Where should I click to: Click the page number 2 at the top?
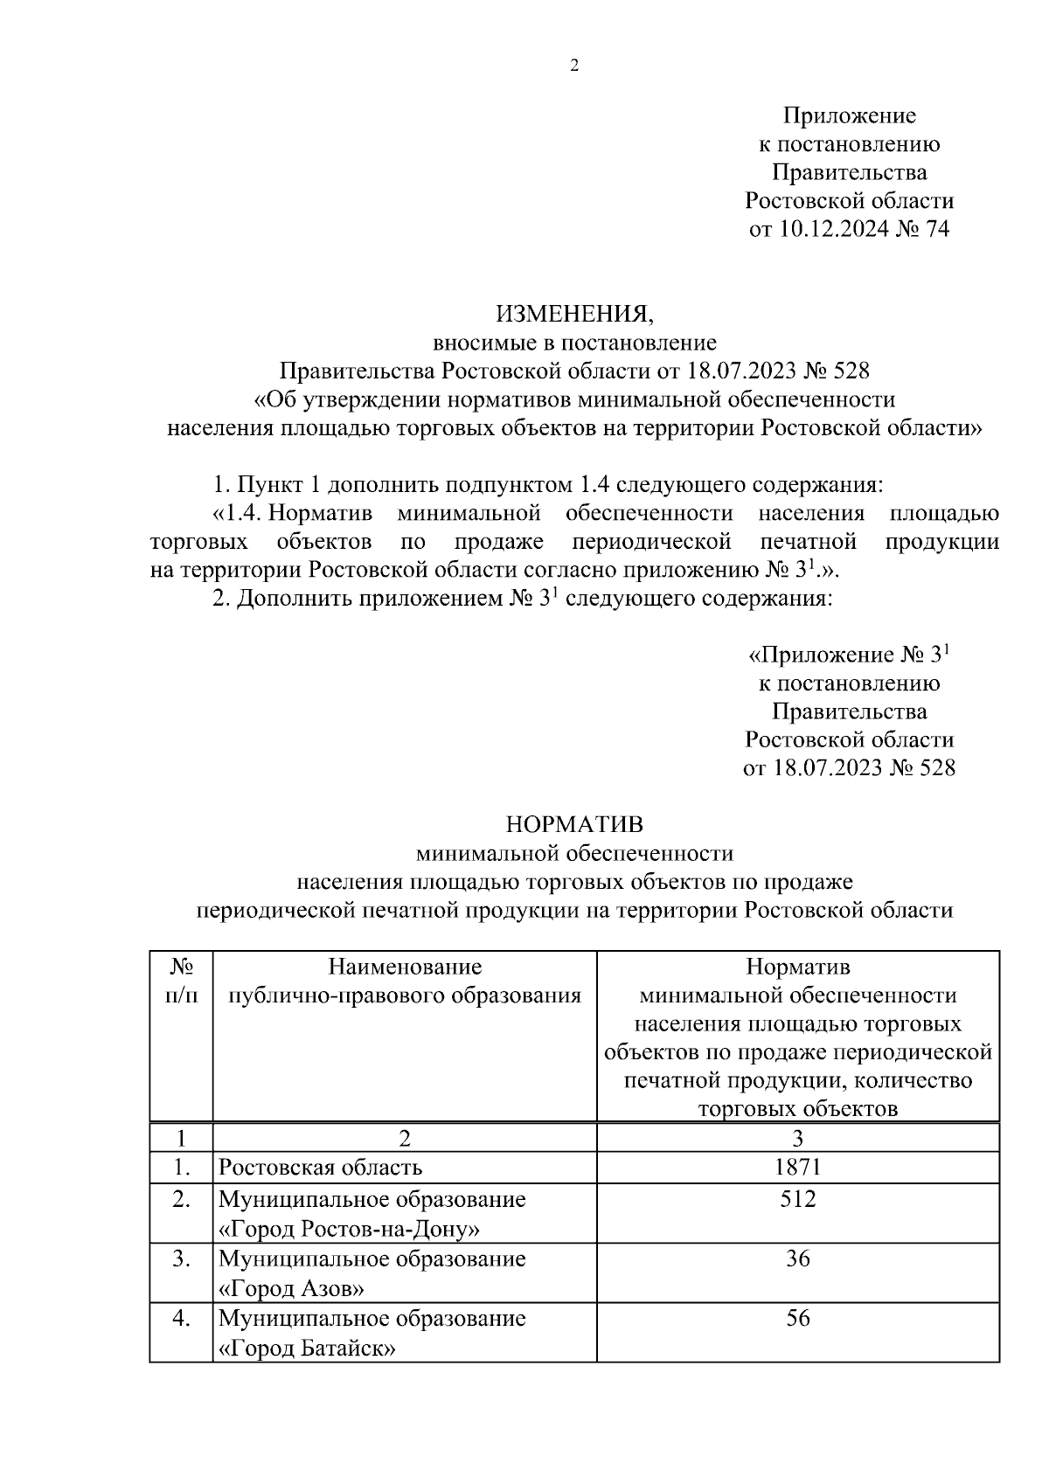pos(574,66)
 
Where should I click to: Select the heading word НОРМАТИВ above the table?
pos(574,824)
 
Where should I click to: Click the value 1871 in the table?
pos(797,1167)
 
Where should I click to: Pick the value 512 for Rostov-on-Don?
pos(797,1199)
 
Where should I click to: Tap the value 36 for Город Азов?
pos(797,1259)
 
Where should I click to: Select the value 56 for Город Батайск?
pos(797,1318)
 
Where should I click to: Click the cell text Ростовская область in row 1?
pos(320,1168)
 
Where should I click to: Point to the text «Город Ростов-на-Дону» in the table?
pos(349,1230)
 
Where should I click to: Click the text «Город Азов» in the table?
pos(291,1289)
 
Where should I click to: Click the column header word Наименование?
pos(405,967)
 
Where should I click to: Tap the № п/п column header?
pos(181,981)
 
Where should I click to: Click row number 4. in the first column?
pos(181,1318)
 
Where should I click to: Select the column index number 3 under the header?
pos(797,1138)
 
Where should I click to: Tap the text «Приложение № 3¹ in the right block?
pos(849,655)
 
